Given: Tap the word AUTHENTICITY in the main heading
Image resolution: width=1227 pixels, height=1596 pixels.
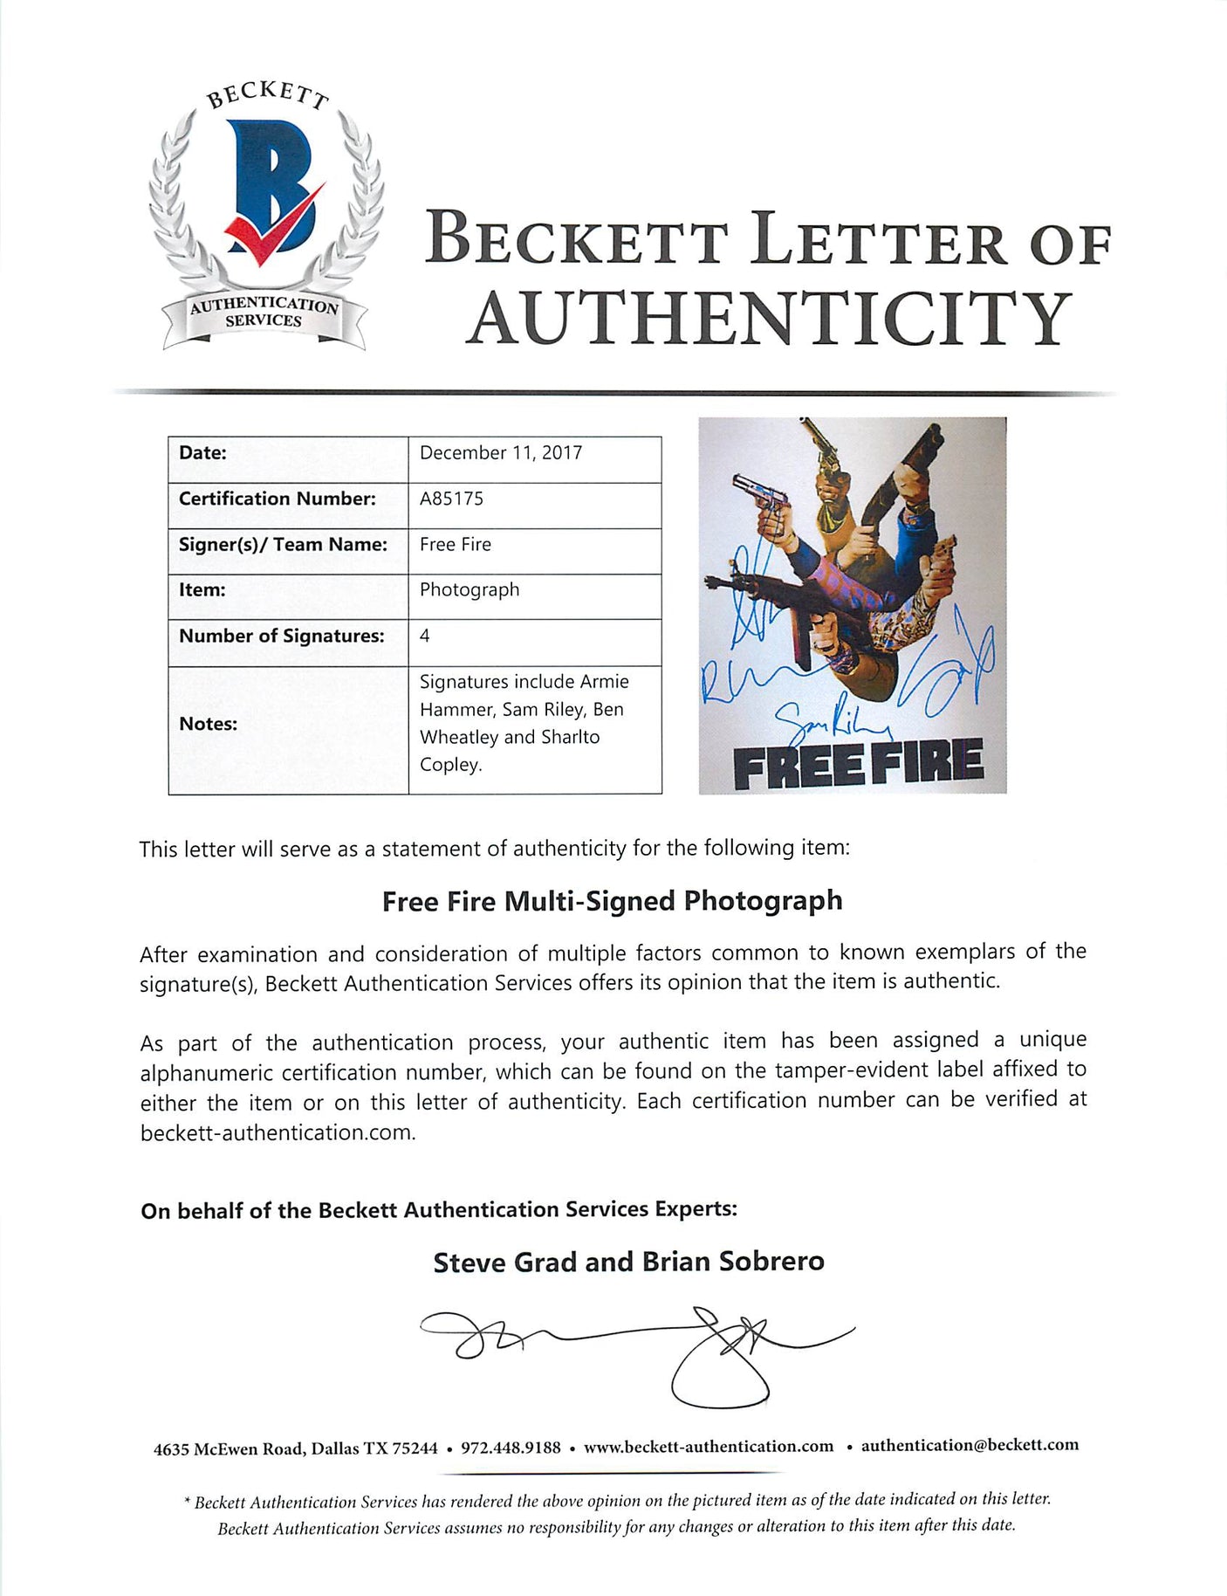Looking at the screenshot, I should pyautogui.click(x=769, y=319).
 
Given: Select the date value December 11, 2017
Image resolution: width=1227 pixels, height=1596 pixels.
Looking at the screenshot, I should pyautogui.click(x=500, y=453).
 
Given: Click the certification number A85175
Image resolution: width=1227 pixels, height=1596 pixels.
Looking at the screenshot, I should pyautogui.click(x=451, y=499).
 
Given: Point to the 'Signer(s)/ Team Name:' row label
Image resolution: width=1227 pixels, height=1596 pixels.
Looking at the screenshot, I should pyautogui.click(x=283, y=545).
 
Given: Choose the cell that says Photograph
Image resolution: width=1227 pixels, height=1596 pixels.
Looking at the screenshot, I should pyautogui.click(x=470, y=590).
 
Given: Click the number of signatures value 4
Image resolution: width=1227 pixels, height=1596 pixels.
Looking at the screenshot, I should pyautogui.click(x=425, y=636).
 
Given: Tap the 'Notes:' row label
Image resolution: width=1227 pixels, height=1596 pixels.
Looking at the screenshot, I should pyautogui.click(x=208, y=724).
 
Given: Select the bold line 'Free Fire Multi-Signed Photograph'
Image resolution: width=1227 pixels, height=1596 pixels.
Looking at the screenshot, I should pyautogui.click(x=612, y=901).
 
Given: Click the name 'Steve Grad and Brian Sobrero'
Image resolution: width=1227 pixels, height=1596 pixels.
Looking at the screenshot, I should pyautogui.click(x=628, y=1262).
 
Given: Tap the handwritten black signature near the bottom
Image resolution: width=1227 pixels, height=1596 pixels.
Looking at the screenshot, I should pyautogui.click(x=637, y=1349).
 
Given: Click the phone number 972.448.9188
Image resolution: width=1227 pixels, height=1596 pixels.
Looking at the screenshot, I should pyautogui.click(x=511, y=1448).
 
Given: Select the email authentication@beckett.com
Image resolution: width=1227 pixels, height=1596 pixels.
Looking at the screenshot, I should pyautogui.click(x=970, y=1445).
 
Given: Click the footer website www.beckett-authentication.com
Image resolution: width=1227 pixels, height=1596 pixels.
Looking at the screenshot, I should pyautogui.click(x=709, y=1447).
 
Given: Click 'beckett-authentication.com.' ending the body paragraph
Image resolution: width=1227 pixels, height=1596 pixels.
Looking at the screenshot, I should pyautogui.click(x=278, y=1133).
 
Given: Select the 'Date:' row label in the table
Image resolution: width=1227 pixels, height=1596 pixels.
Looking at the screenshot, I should pyautogui.click(x=202, y=453).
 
